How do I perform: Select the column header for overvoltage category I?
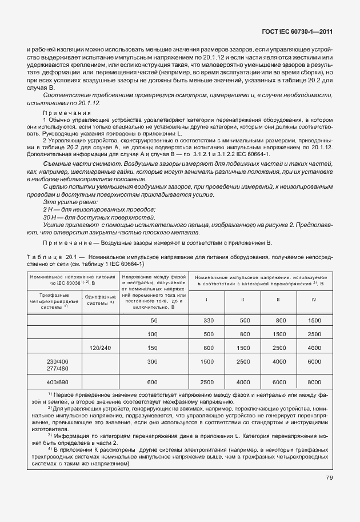click(x=206, y=300)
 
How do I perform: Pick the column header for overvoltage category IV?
click(x=313, y=300)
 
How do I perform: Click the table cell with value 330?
click(x=208, y=321)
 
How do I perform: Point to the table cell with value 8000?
click(x=314, y=382)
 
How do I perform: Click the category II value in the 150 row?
click(x=243, y=346)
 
